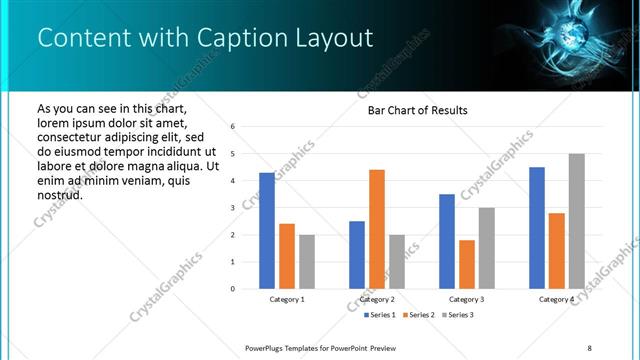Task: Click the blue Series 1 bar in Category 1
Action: (267, 231)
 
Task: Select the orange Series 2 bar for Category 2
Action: (377, 229)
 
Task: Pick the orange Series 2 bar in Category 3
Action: (467, 264)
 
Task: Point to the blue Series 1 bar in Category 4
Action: (537, 228)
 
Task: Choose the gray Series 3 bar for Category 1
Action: (307, 262)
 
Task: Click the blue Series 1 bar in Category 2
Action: (357, 255)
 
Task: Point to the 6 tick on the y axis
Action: (232, 127)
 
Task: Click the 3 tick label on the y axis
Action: (232, 208)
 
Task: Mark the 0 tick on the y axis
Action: (232, 289)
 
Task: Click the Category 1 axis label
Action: (287, 299)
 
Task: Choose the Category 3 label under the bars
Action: (467, 299)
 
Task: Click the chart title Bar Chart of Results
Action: (411, 110)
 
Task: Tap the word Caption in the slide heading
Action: (213, 38)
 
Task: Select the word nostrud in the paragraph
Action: (59, 194)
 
